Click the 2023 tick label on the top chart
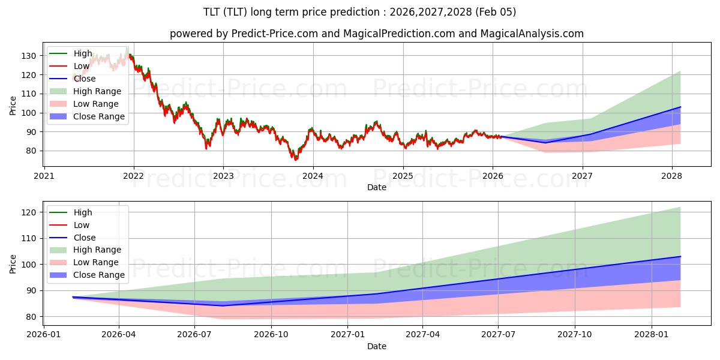pos(223,176)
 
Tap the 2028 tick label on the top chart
pos(671,176)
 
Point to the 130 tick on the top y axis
pos(28,56)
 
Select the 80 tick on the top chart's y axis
pos(31,151)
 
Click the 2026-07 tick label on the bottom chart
pos(195,334)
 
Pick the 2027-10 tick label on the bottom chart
pos(575,334)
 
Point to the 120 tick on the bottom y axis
pos(28,212)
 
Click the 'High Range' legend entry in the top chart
pos(97,91)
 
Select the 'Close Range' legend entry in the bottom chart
pos(99,275)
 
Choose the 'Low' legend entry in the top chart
pos(81,66)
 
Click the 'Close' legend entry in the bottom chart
pos(84,238)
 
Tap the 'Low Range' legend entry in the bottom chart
pos(96,262)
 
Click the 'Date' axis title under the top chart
pos(376,188)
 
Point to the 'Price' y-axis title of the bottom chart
pos(13,264)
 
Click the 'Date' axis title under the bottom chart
pos(376,346)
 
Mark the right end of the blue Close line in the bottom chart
pos(680,256)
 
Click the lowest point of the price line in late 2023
pos(295,160)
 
